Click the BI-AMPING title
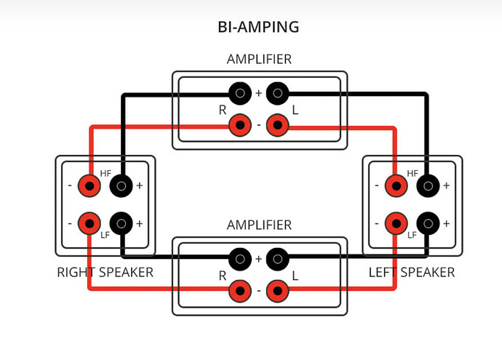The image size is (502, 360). [x=258, y=28]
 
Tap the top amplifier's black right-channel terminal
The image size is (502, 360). [x=240, y=93]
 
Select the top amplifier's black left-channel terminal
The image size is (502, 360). [x=277, y=93]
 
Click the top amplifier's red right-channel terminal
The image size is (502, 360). [x=240, y=126]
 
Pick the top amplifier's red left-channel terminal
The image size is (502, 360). [x=277, y=126]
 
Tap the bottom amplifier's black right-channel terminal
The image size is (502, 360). [x=240, y=258]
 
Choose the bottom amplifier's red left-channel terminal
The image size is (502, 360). [x=277, y=291]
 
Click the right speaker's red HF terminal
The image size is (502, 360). [x=89, y=185]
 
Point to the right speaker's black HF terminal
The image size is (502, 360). [x=121, y=185]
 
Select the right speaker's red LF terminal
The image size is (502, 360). [x=89, y=223]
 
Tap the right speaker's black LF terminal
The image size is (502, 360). [x=121, y=223]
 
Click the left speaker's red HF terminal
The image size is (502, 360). [x=397, y=185]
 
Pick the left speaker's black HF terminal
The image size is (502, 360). [x=429, y=185]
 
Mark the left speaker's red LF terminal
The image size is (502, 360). [x=397, y=223]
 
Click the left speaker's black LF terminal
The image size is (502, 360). [x=429, y=223]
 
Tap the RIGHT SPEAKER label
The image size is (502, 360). [x=105, y=273]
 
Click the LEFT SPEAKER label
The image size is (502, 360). [x=411, y=273]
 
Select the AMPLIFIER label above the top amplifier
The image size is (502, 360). [x=259, y=60]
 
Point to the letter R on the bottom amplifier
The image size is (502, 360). [x=223, y=276]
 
